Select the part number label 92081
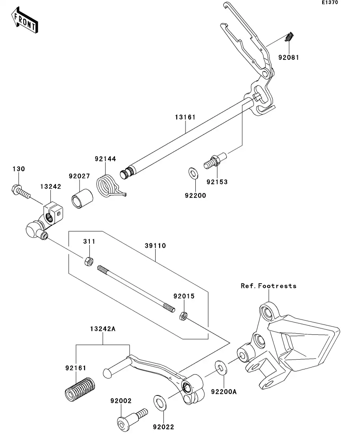click(289, 57)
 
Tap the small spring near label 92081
click(290, 37)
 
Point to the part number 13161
click(186, 117)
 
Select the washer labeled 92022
click(160, 402)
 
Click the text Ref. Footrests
click(268, 286)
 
